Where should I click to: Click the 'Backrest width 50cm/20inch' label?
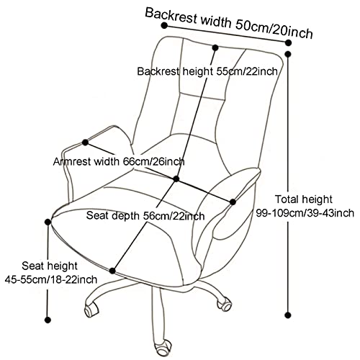click(x=229, y=23)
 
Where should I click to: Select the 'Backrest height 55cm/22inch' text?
click(x=207, y=71)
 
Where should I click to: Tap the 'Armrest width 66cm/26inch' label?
click(x=119, y=162)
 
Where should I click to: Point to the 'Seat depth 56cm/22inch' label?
click(x=145, y=215)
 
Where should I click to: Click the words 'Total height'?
click(x=303, y=199)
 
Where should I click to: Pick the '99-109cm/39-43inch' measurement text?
click(x=305, y=213)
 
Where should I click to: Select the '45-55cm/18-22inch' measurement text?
click(x=51, y=279)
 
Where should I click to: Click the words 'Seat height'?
click(x=50, y=266)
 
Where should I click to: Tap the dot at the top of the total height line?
click(x=288, y=54)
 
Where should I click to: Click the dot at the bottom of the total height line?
click(x=288, y=315)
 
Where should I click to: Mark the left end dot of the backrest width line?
click(x=164, y=25)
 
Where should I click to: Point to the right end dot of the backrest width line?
click(x=288, y=42)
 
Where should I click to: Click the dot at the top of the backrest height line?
click(x=215, y=48)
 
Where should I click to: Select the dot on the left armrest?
click(x=85, y=143)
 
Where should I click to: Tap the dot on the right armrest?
click(x=233, y=202)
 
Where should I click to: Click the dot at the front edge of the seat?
click(x=112, y=271)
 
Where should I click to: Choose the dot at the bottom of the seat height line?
click(x=48, y=320)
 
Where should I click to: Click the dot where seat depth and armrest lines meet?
click(x=176, y=179)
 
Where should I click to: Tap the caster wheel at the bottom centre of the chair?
click(x=163, y=348)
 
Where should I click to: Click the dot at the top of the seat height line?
click(x=48, y=222)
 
